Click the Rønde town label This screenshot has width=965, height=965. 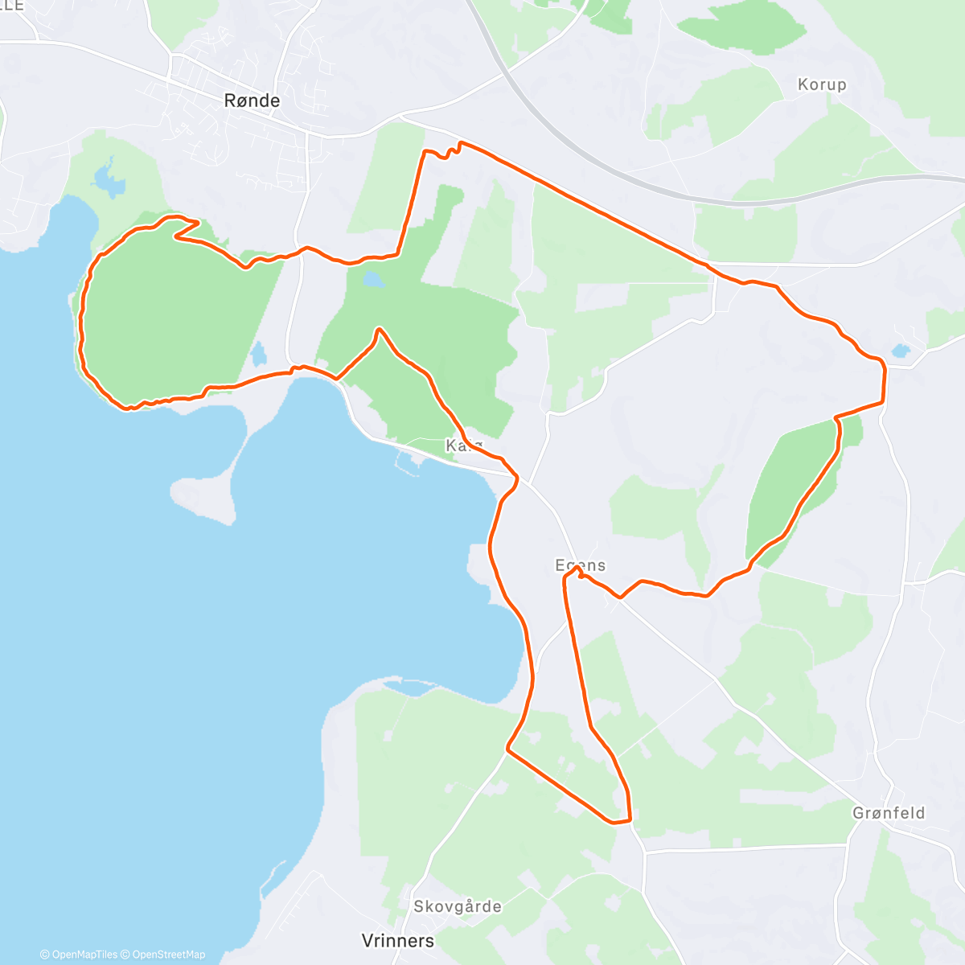(253, 101)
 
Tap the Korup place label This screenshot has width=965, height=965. (821, 84)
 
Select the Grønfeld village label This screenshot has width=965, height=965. (889, 813)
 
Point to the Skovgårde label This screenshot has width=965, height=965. (458, 906)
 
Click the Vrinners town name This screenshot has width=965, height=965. (398, 940)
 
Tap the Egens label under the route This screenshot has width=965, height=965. (581, 565)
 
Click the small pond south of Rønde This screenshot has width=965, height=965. (109, 182)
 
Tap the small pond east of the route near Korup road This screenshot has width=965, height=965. (900, 351)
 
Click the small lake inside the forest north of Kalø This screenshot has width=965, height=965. (372, 280)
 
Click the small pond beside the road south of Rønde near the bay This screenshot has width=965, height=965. (258, 353)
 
